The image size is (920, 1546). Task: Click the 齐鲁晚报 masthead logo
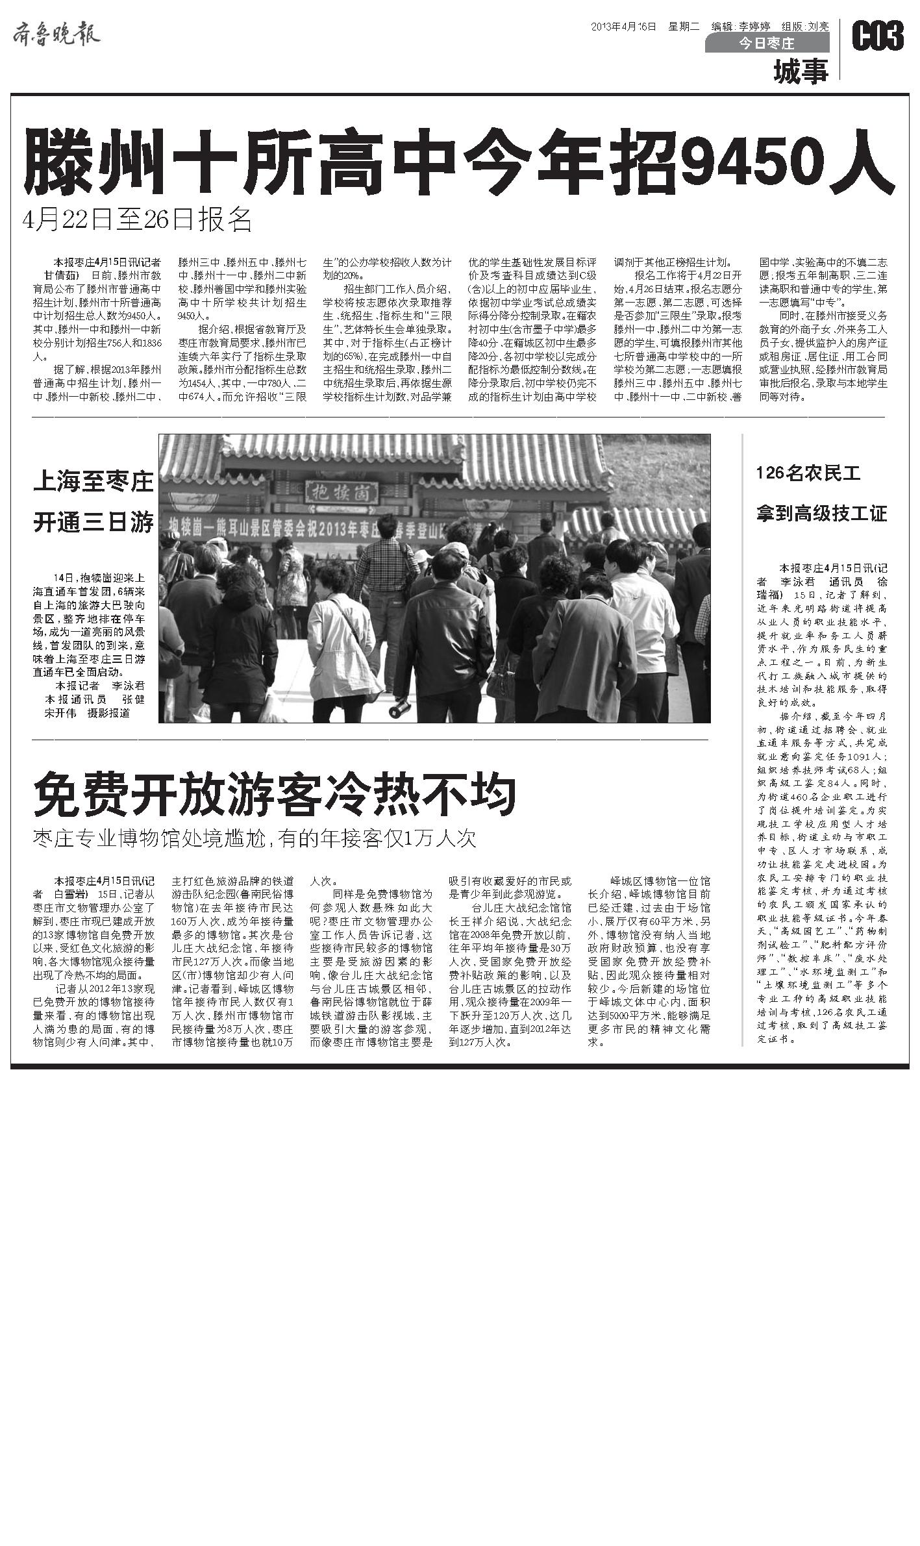(56, 33)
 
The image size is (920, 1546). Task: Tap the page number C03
(877, 36)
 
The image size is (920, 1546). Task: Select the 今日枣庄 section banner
(767, 44)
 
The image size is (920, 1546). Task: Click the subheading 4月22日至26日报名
(137, 221)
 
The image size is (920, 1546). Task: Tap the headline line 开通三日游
(93, 522)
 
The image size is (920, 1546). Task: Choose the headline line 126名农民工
(808, 473)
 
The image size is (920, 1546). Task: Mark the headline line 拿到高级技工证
(821, 514)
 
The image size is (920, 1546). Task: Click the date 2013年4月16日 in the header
(623, 27)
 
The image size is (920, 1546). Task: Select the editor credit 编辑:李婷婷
(741, 27)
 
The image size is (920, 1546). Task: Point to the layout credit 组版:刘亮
(805, 27)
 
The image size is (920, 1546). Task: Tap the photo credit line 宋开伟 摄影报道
(87, 713)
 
